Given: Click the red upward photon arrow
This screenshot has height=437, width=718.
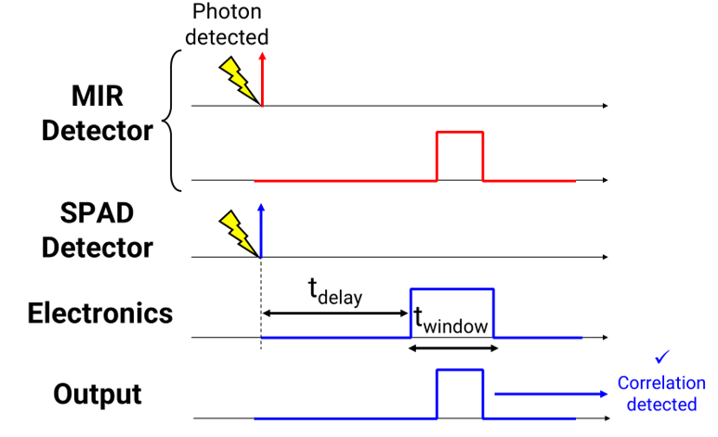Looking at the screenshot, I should pos(262,79).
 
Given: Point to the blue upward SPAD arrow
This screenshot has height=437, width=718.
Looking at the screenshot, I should pos(261,229).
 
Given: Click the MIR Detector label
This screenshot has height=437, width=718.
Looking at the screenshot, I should pos(98,113).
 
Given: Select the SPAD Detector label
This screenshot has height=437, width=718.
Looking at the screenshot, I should pos(97,231).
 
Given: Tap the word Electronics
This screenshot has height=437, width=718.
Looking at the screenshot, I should pos(100,313).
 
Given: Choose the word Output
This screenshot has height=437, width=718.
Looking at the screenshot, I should pos(97,393).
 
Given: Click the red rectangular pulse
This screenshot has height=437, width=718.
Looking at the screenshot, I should pos(460,156).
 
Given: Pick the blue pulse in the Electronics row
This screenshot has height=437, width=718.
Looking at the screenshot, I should pos(452,313).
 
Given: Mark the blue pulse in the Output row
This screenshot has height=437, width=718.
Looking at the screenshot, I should pos(460,394).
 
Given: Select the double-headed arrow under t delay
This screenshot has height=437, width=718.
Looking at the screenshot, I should pos(335,313).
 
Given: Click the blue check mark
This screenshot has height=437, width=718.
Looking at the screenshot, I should pos(661,357).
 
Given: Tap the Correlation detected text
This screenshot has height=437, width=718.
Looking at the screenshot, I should pos(661,393).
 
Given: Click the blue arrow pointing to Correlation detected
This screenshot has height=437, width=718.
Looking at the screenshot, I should pos(552,394).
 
